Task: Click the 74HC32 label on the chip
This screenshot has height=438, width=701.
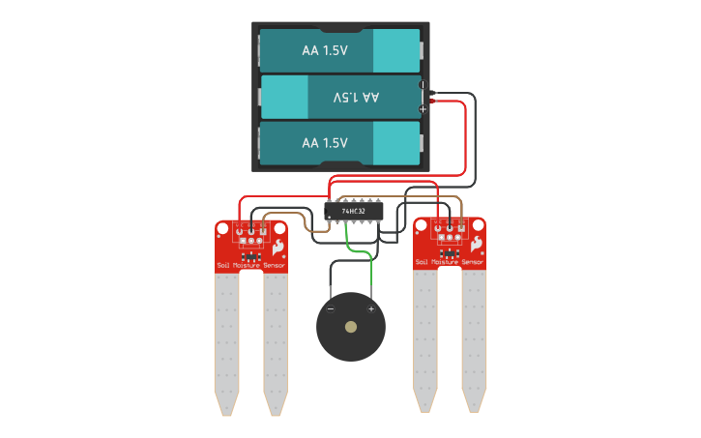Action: tap(355, 209)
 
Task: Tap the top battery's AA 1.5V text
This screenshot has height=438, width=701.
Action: tap(324, 50)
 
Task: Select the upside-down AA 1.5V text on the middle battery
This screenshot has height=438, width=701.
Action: tap(355, 97)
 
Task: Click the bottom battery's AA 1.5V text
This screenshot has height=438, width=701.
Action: tap(324, 142)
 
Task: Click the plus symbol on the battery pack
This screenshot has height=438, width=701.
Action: tap(423, 109)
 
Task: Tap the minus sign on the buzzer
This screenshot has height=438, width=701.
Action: tap(330, 308)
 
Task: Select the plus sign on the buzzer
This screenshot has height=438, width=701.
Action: tap(370, 308)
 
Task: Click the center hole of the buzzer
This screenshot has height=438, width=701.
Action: tap(351, 327)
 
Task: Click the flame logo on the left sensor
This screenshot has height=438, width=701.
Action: tap(279, 246)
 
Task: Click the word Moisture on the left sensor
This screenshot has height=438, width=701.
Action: tap(249, 265)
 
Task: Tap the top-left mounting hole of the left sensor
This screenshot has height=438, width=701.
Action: tap(221, 229)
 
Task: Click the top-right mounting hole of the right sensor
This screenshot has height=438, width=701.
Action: tap(480, 224)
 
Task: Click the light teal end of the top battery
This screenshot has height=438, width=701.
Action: tap(395, 50)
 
